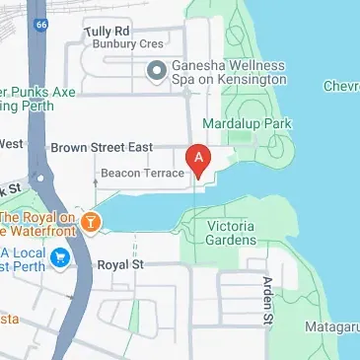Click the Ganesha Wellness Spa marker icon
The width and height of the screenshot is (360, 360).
pyautogui.click(x=156, y=69)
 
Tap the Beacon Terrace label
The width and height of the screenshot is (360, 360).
pyautogui.click(x=143, y=174)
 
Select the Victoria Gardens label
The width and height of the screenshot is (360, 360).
pyautogui.click(x=233, y=233)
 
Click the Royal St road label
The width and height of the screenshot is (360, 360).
pyautogui.click(x=120, y=265)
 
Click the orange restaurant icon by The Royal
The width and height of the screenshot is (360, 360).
pyautogui.click(x=92, y=222)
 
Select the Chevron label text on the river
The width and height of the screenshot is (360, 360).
pyautogui.click(x=340, y=87)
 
